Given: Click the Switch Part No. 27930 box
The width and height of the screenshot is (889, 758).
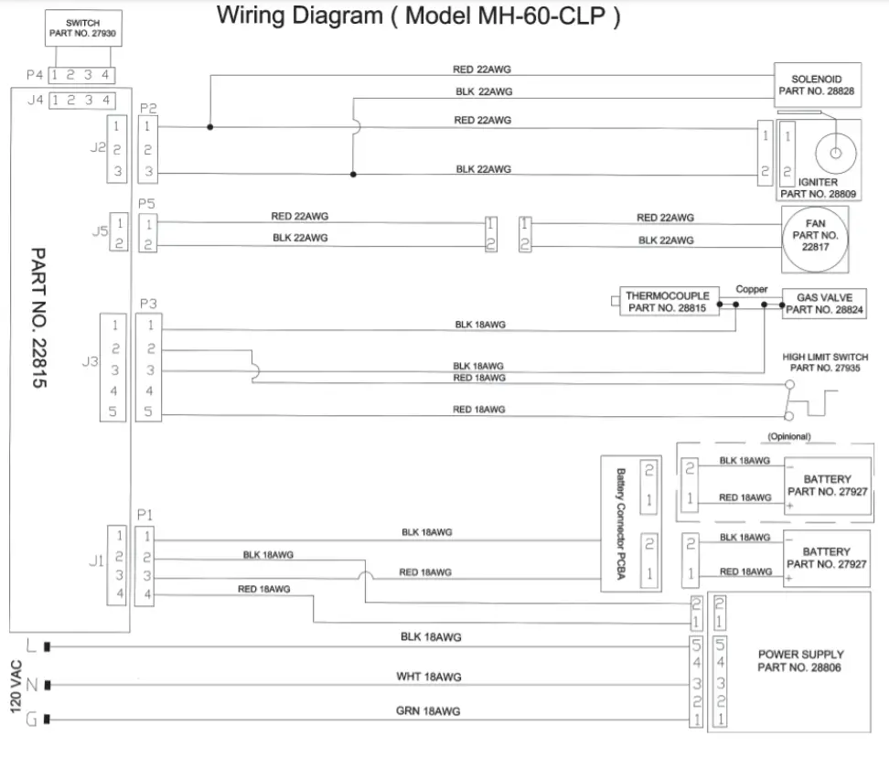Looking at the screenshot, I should click(83, 28).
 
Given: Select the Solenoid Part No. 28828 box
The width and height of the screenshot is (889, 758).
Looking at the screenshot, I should click(816, 85).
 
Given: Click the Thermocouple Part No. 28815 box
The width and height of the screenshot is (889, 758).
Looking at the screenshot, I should click(668, 303).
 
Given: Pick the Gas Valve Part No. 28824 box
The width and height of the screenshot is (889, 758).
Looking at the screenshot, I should click(824, 304).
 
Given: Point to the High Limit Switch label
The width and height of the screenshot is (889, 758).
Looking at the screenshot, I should click(825, 362).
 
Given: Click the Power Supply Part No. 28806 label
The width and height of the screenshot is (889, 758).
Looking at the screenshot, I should click(800, 661).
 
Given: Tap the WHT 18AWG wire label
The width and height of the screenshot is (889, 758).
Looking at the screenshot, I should click(428, 677).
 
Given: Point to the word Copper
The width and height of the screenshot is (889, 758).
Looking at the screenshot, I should click(751, 289).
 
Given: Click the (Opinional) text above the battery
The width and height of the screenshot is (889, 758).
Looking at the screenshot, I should click(789, 437).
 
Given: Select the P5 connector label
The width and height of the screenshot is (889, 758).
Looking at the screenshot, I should click(146, 203).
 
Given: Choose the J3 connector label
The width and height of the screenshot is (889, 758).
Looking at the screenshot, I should click(90, 362).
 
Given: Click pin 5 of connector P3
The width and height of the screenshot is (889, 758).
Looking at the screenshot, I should click(149, 413).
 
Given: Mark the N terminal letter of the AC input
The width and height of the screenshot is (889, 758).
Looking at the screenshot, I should click(31, 684).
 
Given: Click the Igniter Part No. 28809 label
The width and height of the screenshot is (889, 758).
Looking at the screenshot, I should click(817, 188).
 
